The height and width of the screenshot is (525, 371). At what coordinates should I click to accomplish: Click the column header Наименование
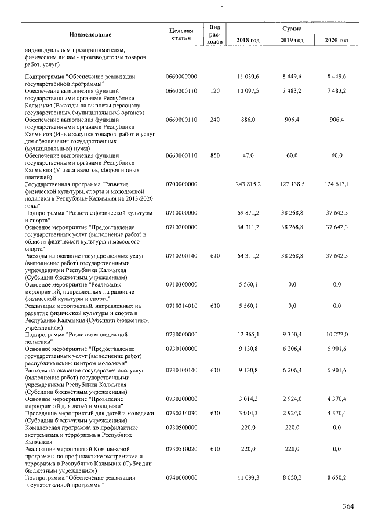[92, 34]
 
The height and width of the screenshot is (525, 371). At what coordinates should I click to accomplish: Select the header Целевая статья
[181, 34]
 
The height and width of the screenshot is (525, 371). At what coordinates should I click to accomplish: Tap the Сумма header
[291, 28]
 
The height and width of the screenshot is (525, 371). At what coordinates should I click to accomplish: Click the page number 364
[348, 506]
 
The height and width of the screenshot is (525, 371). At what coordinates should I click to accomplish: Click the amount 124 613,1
[336, 184]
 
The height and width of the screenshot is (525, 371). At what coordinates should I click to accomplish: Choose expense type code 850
[215, 156]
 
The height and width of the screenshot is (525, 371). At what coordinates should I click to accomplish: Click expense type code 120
[215, 91]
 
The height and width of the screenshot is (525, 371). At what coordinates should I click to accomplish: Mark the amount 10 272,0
[336, 335]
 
